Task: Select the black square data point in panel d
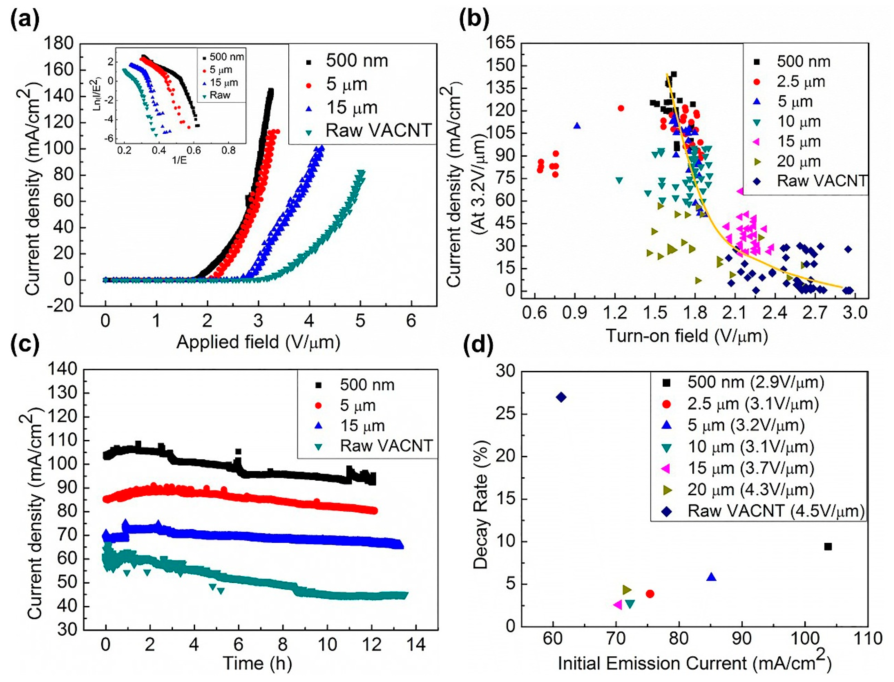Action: click(x=828, y=547)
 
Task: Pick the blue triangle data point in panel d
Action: click(x=711, y=577)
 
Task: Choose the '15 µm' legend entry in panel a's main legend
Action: click(x=352, y=107)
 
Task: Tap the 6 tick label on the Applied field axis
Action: click(x=411, y=321)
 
